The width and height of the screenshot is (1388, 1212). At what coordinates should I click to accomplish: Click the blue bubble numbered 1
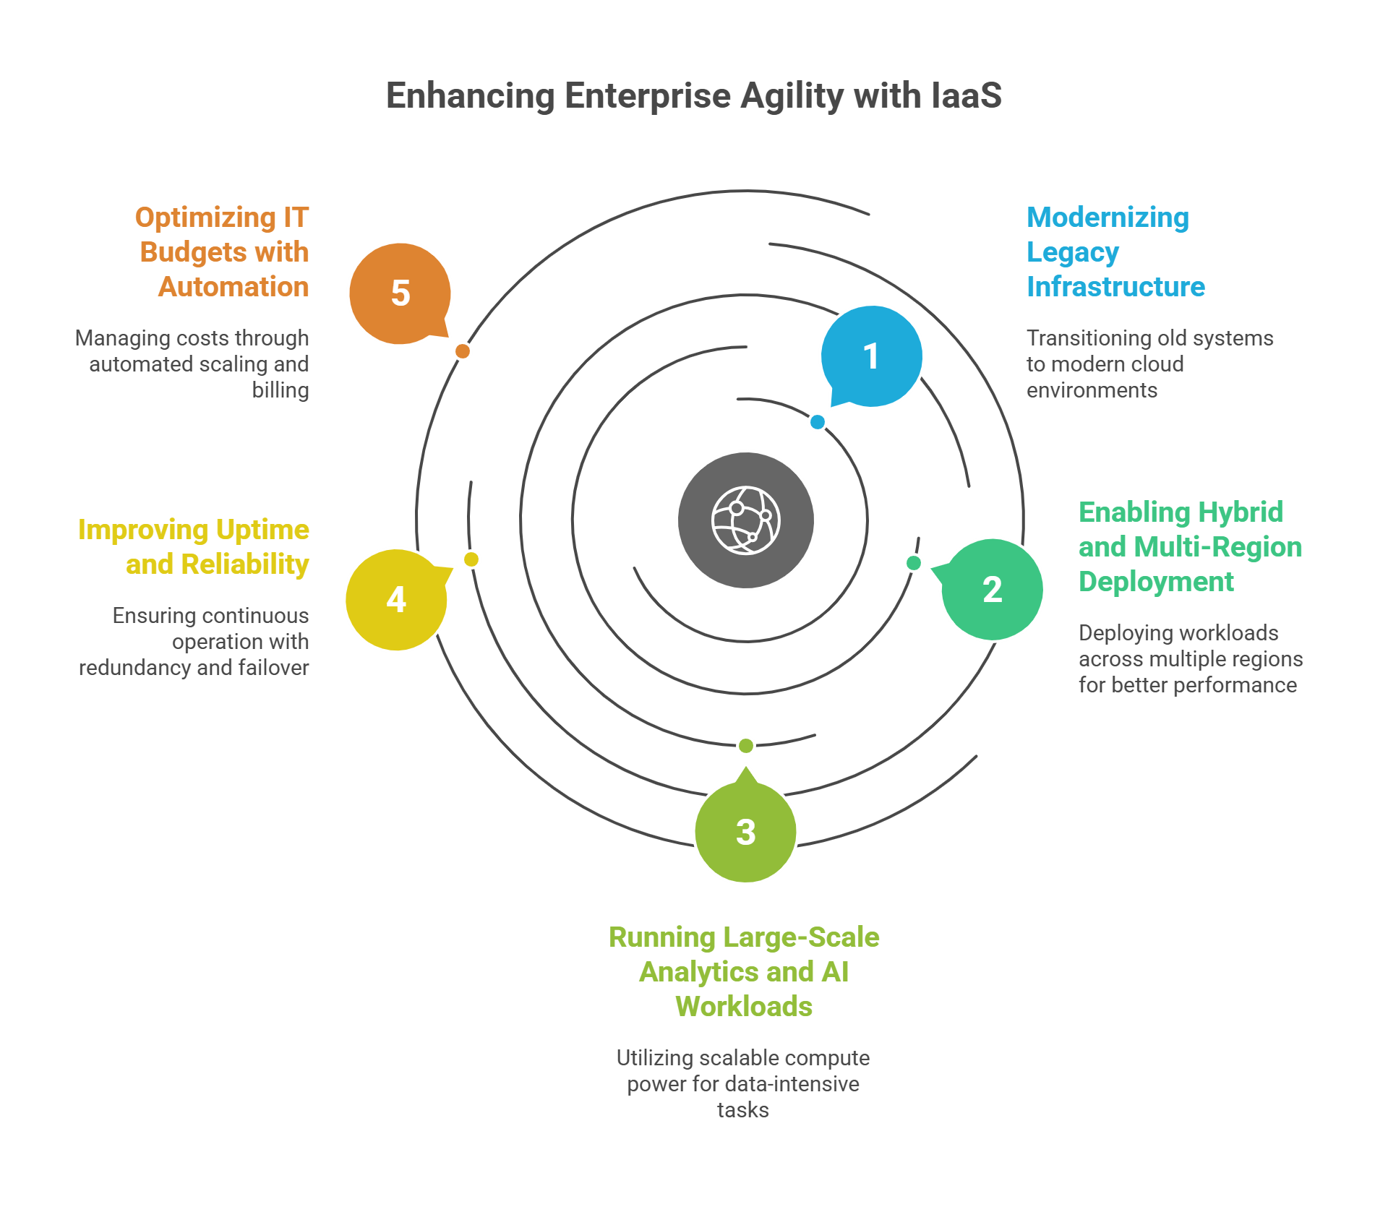coord(871,356)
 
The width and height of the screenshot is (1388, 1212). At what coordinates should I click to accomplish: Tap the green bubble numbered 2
coord(992,589)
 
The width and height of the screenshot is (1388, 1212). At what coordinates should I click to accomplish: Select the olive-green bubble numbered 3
coord(745,832)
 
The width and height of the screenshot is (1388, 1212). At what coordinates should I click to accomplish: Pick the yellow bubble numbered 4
coord(396,600)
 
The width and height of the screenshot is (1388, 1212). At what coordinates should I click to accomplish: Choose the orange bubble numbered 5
coord(400,293)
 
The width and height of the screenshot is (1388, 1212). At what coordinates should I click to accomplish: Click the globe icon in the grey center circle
coord(746,520)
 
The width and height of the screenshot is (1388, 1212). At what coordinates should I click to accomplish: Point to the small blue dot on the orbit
coord(818,422)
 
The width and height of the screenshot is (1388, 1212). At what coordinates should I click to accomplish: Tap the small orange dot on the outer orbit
coord(463,351)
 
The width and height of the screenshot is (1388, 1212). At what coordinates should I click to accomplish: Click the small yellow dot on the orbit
coord(471,559)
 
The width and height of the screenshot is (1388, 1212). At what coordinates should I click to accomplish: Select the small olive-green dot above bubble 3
coord(746,745)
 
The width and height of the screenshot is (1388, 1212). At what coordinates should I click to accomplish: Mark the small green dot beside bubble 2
coord(914,562)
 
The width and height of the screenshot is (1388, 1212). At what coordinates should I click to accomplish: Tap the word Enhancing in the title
coord(470,96)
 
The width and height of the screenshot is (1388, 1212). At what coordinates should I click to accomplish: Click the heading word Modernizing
coord(1108,218)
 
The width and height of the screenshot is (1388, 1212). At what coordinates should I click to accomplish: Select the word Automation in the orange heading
coord(234,287)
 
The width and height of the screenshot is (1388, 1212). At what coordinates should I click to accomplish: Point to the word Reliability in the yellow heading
coord(245,564)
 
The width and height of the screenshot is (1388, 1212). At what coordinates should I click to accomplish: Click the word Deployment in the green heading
coord(1156,582)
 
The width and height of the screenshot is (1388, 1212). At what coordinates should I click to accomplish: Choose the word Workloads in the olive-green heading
coord(744,1007)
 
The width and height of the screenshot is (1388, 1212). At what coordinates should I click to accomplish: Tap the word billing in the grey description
coord(280,390)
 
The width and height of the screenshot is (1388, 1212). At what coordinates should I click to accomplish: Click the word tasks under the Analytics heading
coord(743,1110)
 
